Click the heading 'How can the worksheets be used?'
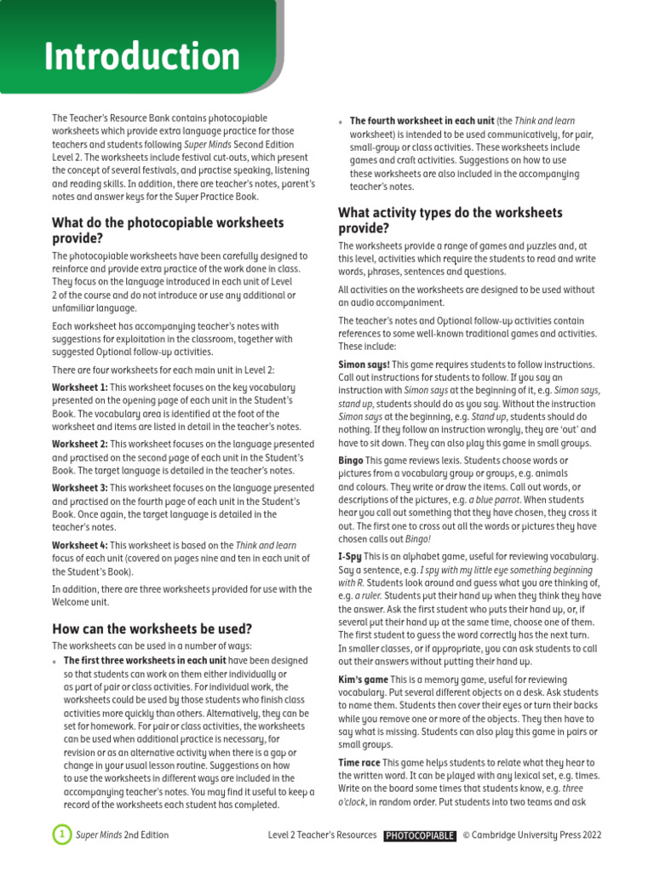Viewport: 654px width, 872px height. click(x=152, y=629)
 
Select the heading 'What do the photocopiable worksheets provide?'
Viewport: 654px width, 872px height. click(x=168, y=231)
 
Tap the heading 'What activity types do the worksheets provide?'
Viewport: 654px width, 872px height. click(x=450, y=220)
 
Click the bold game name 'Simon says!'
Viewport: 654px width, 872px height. click(x=365, y=363)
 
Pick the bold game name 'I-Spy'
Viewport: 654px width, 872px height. click(x=351, y=555)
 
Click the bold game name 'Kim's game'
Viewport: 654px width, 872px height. click(x=363, y=679)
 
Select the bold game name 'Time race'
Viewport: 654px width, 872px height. click(x=359, y=762)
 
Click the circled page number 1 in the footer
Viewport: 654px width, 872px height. click(x=61, y=835)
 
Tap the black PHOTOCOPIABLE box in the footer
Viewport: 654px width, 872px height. click(x=420, y=835)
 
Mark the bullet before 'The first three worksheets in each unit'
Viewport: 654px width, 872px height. click(x=55, y=662)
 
